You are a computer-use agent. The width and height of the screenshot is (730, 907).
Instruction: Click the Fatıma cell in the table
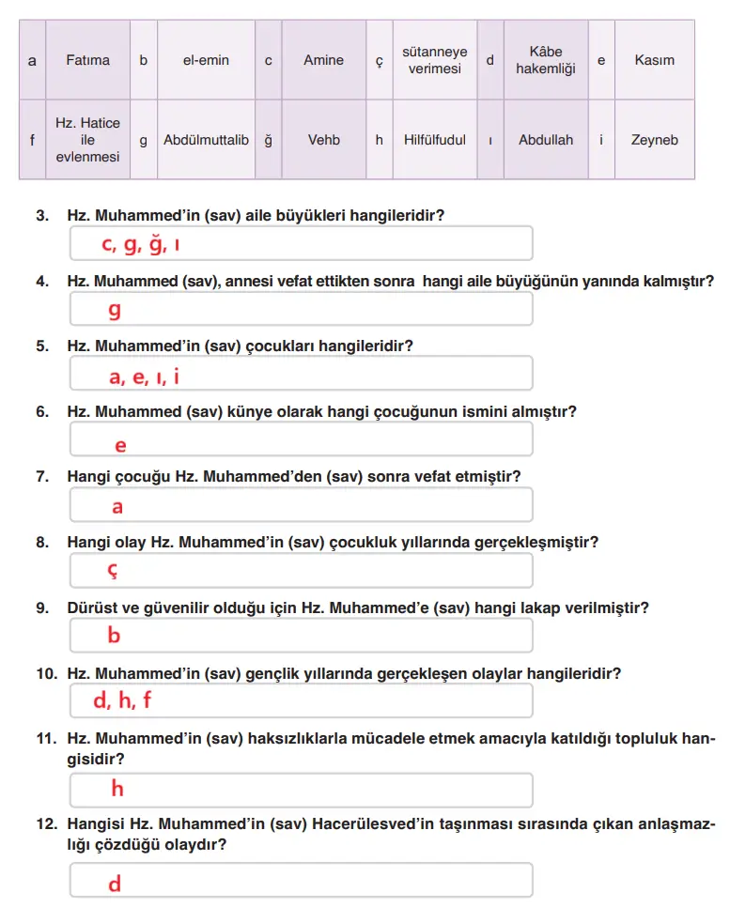pyautogui.click(x=87, y=60)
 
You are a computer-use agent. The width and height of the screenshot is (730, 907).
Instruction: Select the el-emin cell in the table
pyautogui.click(x=206, y=60)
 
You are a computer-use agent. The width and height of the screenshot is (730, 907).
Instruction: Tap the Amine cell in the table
pyautogui.click(x=323, y=60)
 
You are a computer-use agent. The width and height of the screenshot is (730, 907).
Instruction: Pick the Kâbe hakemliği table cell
pyautogui.click(x=545, y=60)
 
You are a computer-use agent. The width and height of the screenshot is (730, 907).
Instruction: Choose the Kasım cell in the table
pyautogui.click(x=654, y=60)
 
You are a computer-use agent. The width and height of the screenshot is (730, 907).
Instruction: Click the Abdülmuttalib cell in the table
pyautogui.click(x=206, y=140)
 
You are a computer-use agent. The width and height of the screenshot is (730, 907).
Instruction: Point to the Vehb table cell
pyautogui.click(x=323, y=140)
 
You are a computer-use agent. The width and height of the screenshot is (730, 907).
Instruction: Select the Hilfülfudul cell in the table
pyautogui.click(x=434, y=140)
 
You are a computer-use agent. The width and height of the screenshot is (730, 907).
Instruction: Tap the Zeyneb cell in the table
pyautogui.click(x=654, y=140)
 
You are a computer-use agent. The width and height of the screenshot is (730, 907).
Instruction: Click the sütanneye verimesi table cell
pyautogui.click(x=434, y=60)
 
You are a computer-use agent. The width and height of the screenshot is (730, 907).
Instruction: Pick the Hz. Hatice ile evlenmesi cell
pyautogui.click(x=87, y=140)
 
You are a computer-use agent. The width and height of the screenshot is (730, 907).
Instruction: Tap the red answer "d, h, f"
pyautogui.click(x=122, y=700)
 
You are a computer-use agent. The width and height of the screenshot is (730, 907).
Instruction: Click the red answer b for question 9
pyautogui.click(x=114, y=636)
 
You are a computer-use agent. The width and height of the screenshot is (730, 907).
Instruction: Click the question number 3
pyautogui.click(x=42, y=215)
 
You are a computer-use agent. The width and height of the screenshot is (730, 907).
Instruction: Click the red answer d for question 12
pyautogui.click(x=114, y=884)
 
